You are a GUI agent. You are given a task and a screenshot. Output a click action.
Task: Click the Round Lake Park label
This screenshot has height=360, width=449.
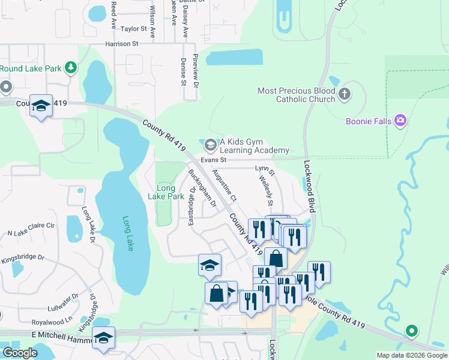tap(31, 68)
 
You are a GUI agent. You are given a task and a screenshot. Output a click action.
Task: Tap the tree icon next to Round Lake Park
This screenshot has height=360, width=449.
tap(71, 67)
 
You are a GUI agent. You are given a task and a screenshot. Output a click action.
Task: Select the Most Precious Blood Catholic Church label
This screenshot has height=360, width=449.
tap(296, 95)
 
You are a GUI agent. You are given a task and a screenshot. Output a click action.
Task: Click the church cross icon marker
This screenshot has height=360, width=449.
tap(344, 94)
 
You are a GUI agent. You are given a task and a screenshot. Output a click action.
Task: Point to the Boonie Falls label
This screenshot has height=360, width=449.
tap(369, 121)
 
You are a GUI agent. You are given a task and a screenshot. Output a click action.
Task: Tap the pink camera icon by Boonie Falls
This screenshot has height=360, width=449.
tap(400, 121)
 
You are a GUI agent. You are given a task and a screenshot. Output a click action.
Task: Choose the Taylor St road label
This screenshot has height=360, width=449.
tap(134, 29)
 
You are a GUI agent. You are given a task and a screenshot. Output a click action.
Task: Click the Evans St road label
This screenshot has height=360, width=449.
tap(213, 160)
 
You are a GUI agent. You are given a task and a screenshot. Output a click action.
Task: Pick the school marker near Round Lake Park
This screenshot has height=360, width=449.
tap(41, 106)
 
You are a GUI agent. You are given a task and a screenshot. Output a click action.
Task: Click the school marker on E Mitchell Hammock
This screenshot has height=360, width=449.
tap(103, 338)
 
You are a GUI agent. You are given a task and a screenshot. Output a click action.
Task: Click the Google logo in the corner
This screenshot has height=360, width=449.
tap(20, 353)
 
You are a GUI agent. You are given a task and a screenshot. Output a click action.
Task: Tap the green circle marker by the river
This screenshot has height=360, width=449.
tap(411, 331)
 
